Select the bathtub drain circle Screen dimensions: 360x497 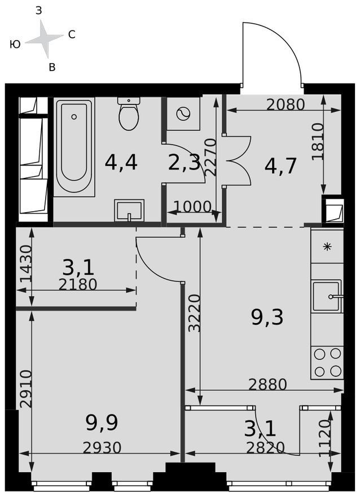74,117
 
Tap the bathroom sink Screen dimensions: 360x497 129,210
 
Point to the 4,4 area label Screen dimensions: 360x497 121,163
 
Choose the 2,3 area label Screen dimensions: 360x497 185,163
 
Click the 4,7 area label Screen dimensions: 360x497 280,166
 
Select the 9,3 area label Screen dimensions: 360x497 267,317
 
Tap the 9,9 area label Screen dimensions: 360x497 102,422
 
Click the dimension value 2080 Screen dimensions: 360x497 286,104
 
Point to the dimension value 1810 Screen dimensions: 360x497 318,142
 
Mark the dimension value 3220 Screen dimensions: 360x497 194,313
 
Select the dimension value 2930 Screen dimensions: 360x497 102,447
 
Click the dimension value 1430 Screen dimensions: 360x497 26,264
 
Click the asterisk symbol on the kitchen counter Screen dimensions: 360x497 327,247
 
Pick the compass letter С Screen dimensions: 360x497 72,34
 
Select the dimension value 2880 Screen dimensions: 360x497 267,385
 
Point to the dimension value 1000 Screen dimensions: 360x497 192,207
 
